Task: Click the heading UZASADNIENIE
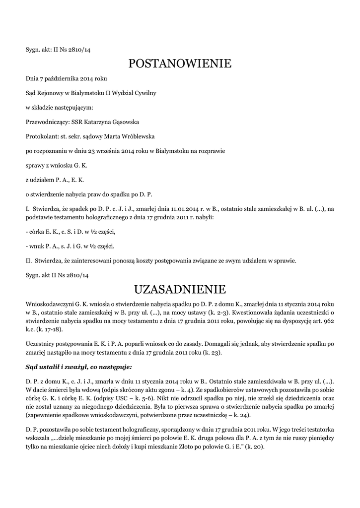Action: click(x=180, y=289)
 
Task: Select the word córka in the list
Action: click(x=36, y=232)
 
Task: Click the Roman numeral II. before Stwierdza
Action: click(x=28, y=260)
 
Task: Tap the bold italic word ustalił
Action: click(x=48, y=367)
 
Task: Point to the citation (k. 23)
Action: click(x=207, y=353)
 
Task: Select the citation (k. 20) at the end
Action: click(x=256, y=446)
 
